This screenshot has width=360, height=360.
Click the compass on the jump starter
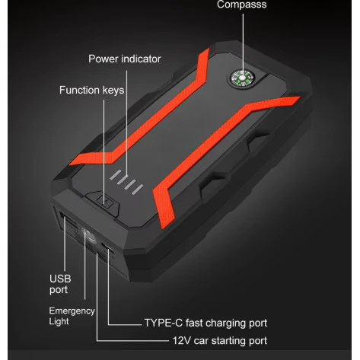pos(243,78)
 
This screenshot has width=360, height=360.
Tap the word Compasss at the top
pos(241,5)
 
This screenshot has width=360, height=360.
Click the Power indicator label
pos(125,59)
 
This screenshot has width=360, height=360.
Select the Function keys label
pos(92,91)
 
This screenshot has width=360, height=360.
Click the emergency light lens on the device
pos(89,235)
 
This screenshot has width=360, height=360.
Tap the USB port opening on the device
pos(70,222)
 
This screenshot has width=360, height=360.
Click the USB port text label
pos(60,284)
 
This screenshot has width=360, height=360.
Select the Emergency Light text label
pos(72,316)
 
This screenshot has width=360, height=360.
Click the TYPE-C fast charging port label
pos(205,323)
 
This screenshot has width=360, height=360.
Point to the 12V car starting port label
pos(220,341)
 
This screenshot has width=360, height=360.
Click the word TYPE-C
pos(164,323)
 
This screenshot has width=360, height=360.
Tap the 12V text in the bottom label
pos(182,341)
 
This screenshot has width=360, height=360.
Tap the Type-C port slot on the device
pos(107,247)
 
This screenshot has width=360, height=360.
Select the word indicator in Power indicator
pos(141,59)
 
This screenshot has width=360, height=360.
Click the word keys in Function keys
pos(113,91)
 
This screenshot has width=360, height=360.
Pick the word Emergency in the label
pos(72,311)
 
